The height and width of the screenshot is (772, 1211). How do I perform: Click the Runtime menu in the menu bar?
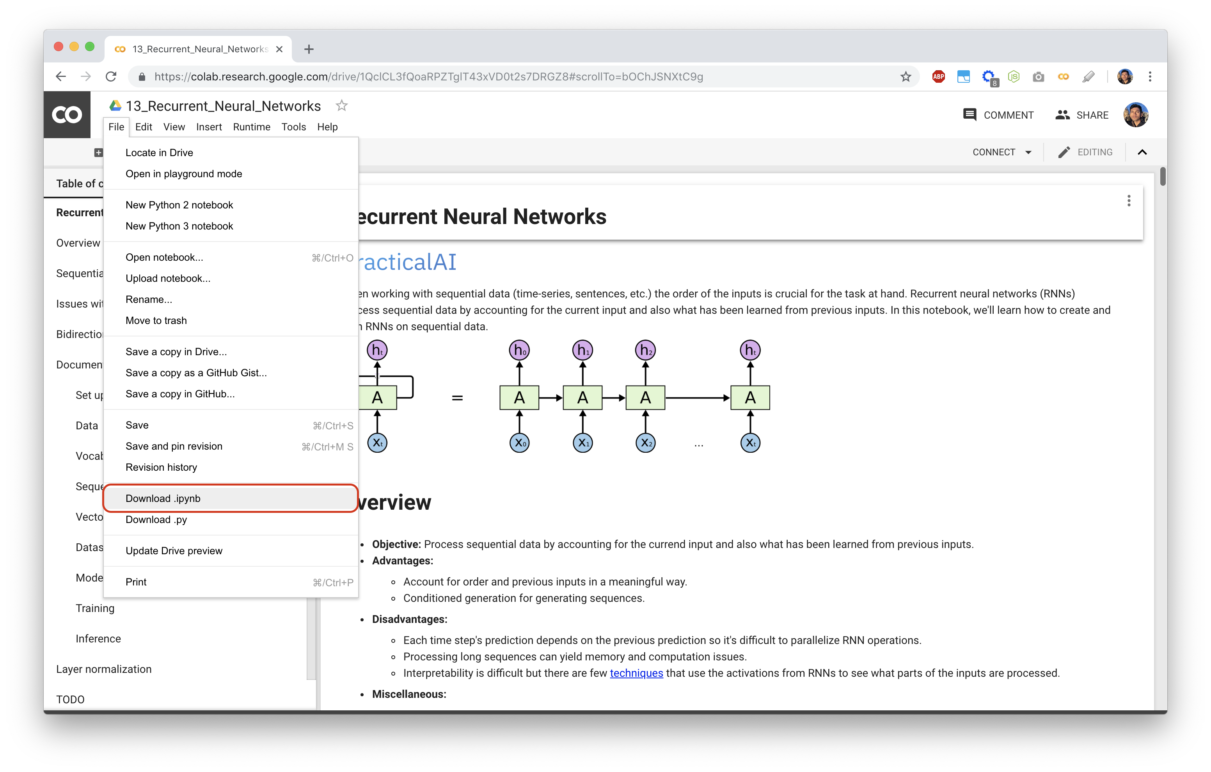pyautogui.click(x=252, y=127)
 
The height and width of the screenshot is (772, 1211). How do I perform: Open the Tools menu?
pyautogui.click(x=294, y=127)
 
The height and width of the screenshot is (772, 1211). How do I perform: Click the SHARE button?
pyautogui.click(x=1082, y=115)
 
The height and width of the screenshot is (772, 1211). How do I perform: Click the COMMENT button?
pyautogui.click(x=998, y=115)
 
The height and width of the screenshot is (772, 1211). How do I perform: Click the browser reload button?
pyautogui.click(x=111, y=76)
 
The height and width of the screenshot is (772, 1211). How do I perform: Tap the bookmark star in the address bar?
pyautogui.click(x=906, y=76)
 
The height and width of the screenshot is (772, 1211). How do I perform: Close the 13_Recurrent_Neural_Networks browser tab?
pyautogui.click(x=280, y=49)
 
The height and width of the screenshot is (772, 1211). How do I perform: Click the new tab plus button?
pyautogui.click(x=309, y=49)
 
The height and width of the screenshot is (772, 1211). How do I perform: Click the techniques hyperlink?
pyautogui.click(x=636, y=673)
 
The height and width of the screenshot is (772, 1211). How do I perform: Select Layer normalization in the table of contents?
pyautogui.click(x=104, y=669)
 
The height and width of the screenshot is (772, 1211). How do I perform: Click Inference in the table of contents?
pyautogui.click(x=98, y=638)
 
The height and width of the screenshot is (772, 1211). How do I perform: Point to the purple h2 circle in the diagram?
pyautogui.click(x=645, y=350)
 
